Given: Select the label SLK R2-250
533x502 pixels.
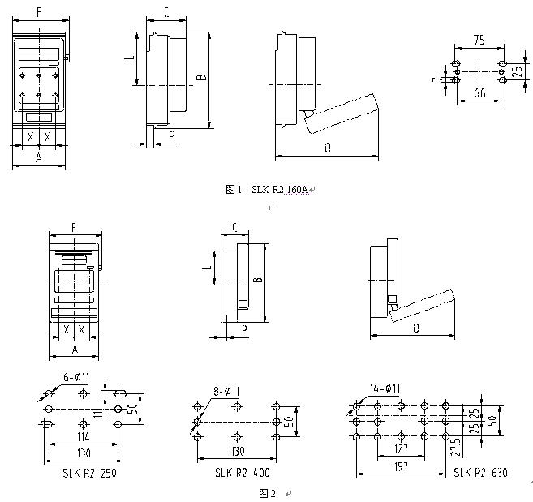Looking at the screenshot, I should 89,472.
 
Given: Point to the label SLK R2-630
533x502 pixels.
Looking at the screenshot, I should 480,472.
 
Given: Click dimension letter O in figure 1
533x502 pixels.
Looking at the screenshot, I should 326,148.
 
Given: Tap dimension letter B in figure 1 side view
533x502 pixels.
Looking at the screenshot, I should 200,78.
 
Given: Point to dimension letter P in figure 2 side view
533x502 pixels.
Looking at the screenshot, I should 244,328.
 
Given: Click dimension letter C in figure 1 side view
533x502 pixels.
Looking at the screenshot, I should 165,12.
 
